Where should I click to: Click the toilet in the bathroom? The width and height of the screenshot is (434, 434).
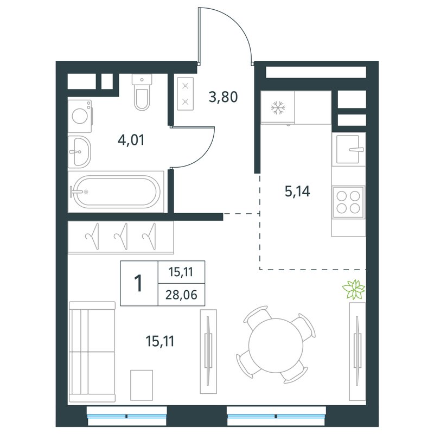click(142, 92)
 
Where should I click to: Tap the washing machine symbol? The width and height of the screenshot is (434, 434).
click(80, 116)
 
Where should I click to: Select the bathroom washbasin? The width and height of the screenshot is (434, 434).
click(79, 152)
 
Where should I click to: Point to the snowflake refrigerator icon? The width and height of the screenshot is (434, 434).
click(278, 107)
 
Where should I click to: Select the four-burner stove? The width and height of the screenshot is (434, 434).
click(348, 202)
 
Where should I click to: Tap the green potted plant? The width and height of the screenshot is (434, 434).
click(354, 290)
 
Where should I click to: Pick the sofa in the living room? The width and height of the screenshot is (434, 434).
click(92, 352)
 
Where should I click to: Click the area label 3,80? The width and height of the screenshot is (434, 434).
click(223, 97)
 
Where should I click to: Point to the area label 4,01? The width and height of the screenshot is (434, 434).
click(131, 140)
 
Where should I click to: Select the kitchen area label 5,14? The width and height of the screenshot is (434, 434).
click(297, 191)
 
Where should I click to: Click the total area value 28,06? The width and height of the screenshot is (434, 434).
click(181, 295)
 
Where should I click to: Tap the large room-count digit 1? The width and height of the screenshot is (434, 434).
click(138, 283)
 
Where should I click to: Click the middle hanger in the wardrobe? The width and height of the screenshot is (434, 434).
click(121, 236)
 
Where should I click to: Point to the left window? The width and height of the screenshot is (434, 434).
click(127, 416)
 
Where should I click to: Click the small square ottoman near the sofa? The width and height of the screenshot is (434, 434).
click(142, 385)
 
